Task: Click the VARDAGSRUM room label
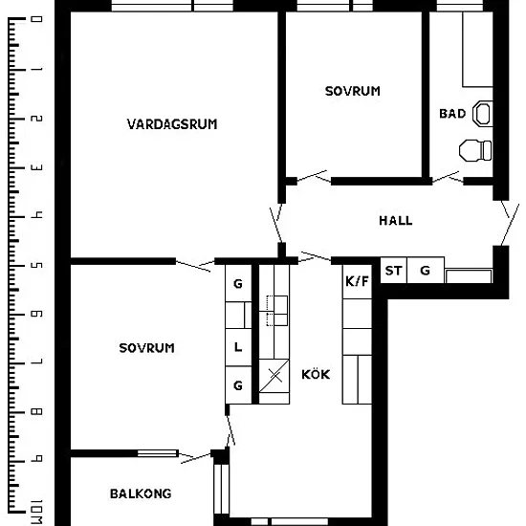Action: pos(172,124)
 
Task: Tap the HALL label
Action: pos(396,221)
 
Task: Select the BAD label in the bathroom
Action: pos(452,114)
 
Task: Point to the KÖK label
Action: pos(316,374)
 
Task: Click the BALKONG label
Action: pos(141,493)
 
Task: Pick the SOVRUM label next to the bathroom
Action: pos(353,91)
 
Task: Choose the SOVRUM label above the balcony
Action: pos(146,348)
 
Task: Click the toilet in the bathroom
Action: pos(475,150)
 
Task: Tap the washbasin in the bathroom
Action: pos(483,114)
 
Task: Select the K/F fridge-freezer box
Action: pos(357,281)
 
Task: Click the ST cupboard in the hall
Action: pos(393,271)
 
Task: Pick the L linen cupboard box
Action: pos(238,347)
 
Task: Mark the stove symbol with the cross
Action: pos(274,376)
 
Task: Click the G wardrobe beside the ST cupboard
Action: pos(426,271)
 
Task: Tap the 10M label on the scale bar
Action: pos(36,513)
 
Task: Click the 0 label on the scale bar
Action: pos(36,19)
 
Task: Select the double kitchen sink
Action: pos(277,311)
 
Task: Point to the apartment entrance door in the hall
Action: pos(510,224)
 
